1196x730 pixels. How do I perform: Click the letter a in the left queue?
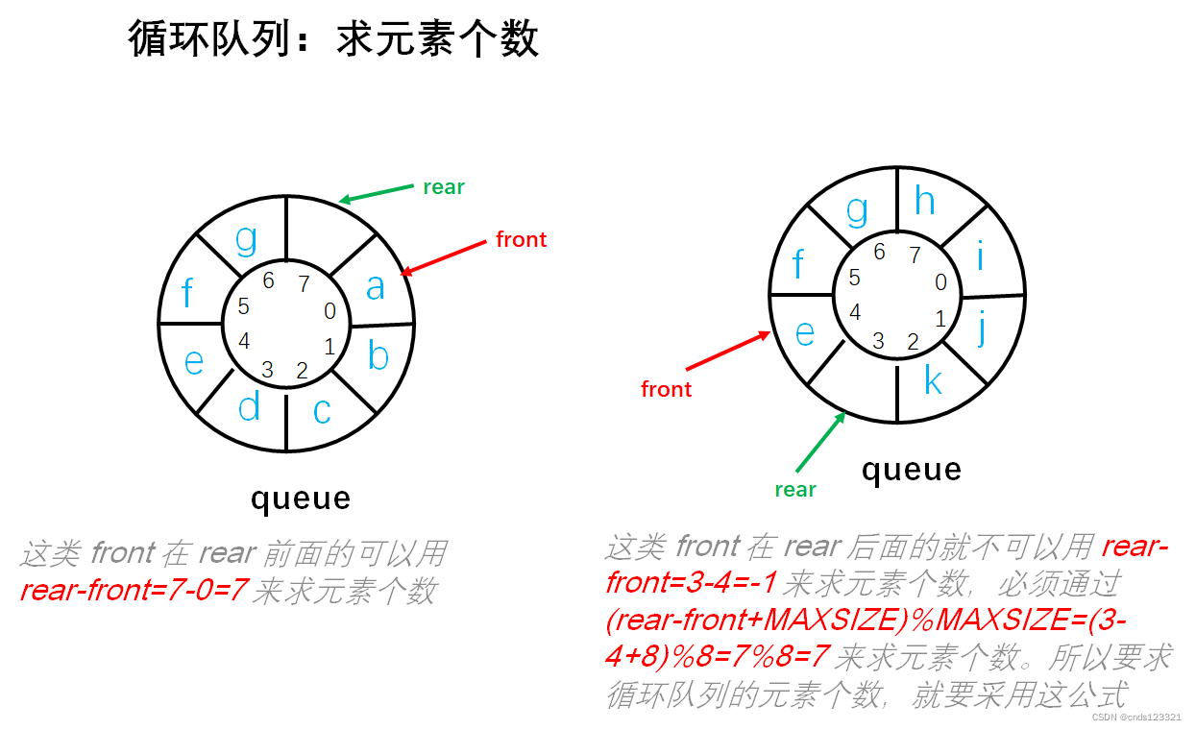click(375, 285)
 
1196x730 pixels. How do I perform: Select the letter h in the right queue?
click(924, 202)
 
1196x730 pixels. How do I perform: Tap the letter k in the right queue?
click(933, 381)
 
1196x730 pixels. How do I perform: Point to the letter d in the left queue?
click(249, 406)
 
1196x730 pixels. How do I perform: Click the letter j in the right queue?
click(982, 328)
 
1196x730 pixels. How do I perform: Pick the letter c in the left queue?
click(322, 410)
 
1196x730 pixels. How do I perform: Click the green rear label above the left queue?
click(444, 187)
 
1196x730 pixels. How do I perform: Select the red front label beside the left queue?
click(521, 239)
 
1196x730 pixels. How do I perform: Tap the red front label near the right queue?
click(666, 389)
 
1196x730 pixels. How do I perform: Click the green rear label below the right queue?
click(795, 489)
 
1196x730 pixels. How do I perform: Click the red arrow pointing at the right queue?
click(728, 352)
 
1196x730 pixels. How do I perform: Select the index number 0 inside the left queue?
click(330, 311)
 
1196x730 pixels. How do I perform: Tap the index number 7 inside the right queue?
click(915, 255)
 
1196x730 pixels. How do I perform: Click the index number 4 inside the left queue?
click(244, 341)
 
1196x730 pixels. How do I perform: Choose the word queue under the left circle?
click(301, 499)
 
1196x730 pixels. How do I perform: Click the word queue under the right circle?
click(911, 470)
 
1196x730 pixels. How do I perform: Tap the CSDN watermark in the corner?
click(1136, 718)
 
